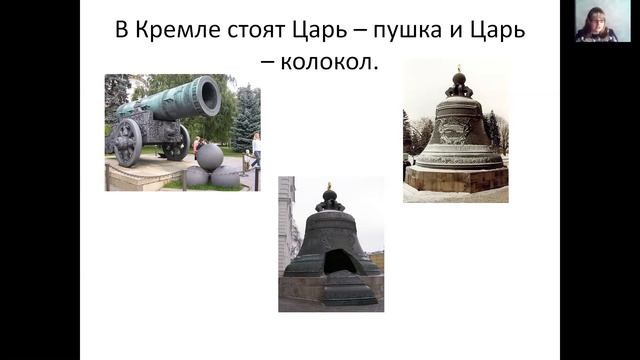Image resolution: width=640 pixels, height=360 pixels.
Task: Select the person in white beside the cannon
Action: pyautogui.click(x=255, y=150)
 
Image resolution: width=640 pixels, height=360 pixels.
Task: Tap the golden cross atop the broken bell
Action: pyautogui.click(x=329, y=187)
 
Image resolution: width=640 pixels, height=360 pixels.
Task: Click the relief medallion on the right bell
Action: pyautogui.click(x=457, y=130)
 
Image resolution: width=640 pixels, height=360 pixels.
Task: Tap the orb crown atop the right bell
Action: pyautogui.click(x=460, y=84)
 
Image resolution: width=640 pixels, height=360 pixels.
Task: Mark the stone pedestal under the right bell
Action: pyautogui.click(x=459, y=180)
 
